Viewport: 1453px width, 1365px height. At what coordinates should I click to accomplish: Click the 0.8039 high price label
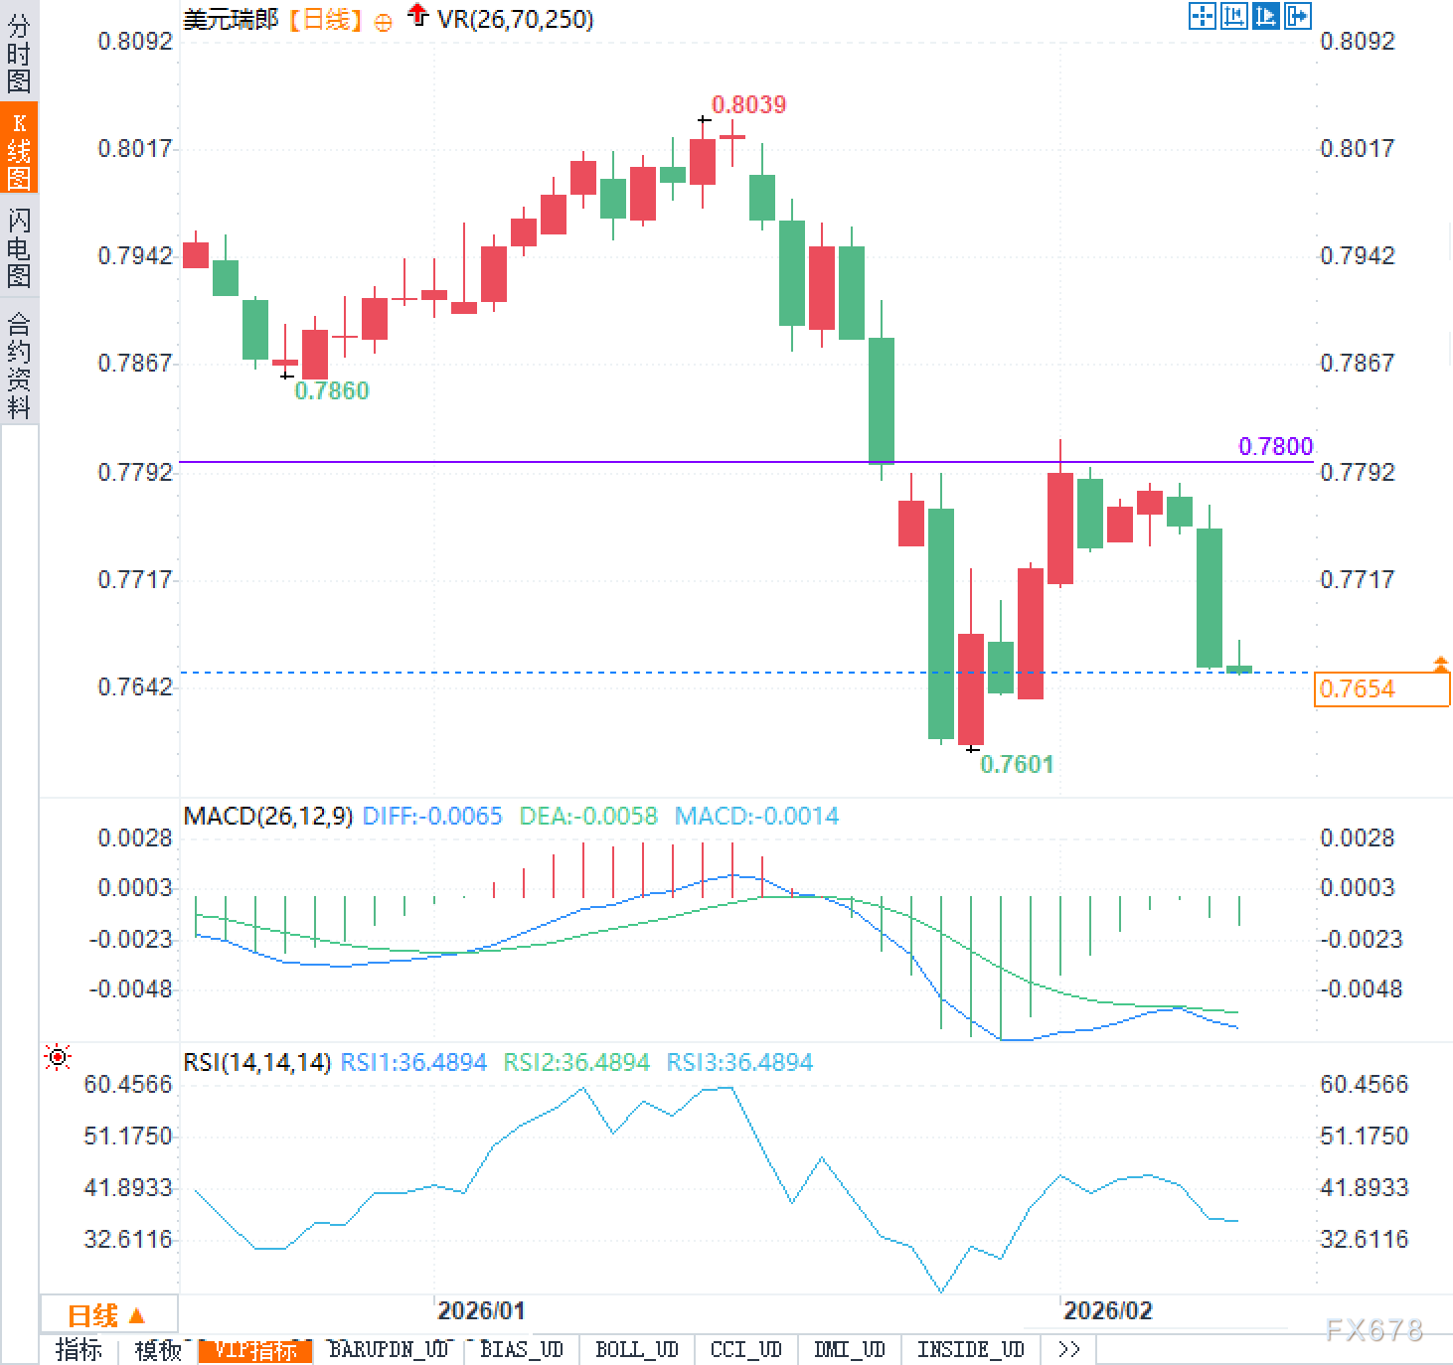point(748,104)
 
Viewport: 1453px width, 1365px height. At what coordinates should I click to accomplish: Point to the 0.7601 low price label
point(1016,764)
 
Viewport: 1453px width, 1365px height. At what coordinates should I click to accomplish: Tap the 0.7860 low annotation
point(332,390)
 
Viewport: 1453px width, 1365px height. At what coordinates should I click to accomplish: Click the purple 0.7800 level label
point(1275,446)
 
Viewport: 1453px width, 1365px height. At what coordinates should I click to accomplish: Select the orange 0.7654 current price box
point(1380,688)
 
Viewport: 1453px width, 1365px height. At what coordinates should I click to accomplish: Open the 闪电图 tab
point(19,247)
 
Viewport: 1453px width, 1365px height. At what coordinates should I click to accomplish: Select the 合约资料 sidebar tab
point(19,365)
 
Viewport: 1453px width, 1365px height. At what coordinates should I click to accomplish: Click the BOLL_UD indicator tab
point(636,1349)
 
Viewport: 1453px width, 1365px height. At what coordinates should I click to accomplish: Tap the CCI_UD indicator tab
point(745,1349)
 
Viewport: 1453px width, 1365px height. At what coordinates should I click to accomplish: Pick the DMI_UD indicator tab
point(849,1349)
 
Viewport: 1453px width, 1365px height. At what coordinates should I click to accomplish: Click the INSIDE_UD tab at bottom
point(970,1349)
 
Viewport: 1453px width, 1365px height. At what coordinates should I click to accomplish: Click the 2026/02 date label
point(1107,1310)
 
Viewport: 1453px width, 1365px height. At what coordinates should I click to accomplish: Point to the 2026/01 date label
point(481,1310)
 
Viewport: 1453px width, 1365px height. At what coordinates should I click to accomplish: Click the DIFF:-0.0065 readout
point(432,817)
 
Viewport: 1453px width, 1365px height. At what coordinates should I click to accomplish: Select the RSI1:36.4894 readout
point(413,1062)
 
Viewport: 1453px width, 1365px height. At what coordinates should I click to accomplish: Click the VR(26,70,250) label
point(515,19)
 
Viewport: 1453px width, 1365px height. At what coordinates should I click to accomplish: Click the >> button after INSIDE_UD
point(1068,1349)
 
